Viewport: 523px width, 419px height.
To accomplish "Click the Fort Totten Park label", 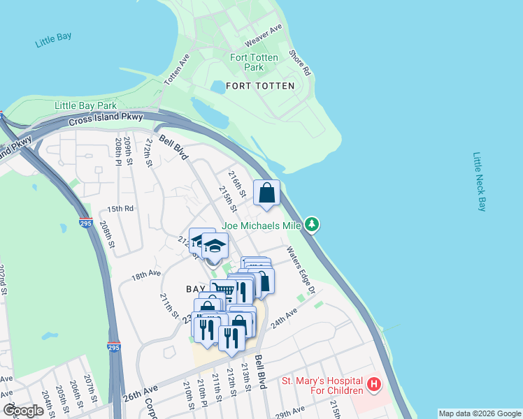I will [254, 62].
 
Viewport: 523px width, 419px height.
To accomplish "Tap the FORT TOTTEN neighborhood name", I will [265, 86].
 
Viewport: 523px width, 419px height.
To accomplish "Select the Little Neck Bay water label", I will [479, 182].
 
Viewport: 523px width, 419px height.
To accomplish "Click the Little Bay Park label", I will [86, 105].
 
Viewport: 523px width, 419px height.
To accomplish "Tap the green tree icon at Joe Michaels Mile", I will [313, 225].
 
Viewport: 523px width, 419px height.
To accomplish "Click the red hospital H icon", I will [375, 385].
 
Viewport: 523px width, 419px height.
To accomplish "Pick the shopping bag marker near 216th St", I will [267, 193].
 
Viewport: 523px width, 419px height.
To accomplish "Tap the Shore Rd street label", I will [299, 62].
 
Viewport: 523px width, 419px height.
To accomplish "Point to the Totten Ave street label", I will [177, 70].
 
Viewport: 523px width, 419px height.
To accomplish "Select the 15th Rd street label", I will [120, 209].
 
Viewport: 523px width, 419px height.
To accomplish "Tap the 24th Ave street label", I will [285, 320].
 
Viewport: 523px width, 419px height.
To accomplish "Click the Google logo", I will [23, 411].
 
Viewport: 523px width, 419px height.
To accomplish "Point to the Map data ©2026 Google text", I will [479, 413].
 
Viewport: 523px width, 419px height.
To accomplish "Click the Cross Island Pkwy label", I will [106, 119].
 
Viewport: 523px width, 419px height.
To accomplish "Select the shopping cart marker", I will [223, 291].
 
